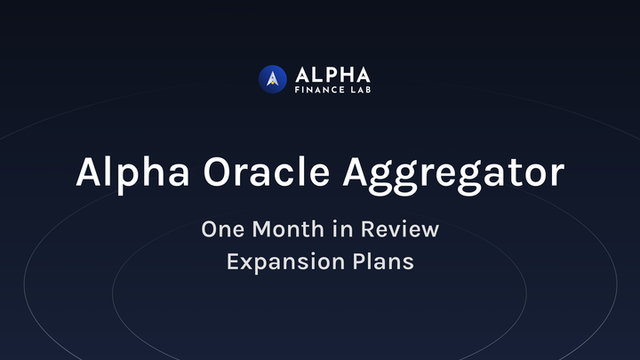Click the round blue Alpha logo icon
272,78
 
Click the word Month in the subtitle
287,228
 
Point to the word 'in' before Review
341,228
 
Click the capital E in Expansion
232,263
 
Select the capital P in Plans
355,263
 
